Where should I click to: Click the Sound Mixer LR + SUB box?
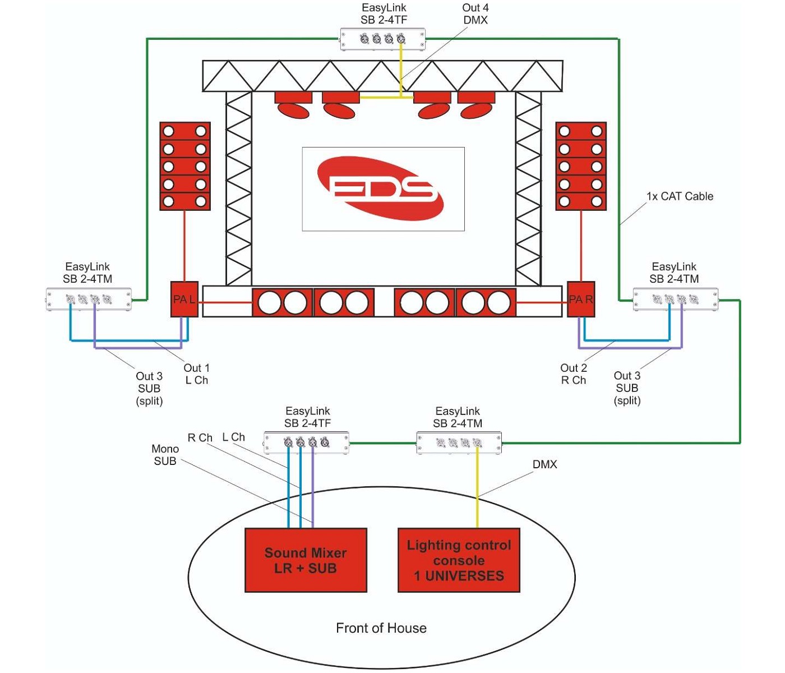pos(306,560)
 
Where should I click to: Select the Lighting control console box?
pos(459,560)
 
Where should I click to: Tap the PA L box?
pos(184,299)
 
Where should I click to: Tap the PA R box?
pos(581,299)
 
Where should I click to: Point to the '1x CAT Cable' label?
pos(680,196)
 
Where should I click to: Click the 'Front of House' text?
pos(381,628)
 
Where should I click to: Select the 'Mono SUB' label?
pos(165,455)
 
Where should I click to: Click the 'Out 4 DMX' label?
pos(475,14)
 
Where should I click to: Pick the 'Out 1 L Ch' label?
pos(197,374)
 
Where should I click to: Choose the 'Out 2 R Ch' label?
pos(574,374)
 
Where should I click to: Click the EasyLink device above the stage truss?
pos(383,39)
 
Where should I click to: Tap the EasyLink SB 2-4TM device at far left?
pos(89,299)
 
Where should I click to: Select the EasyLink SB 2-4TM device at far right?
pos(676,299)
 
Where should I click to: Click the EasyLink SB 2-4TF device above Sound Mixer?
pos(307,442)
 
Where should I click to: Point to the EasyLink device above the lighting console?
pos(459,442)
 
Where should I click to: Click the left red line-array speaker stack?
pos(185,166)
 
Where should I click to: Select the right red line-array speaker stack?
pos(581,166)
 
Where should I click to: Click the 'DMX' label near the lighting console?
pos(544,464)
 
